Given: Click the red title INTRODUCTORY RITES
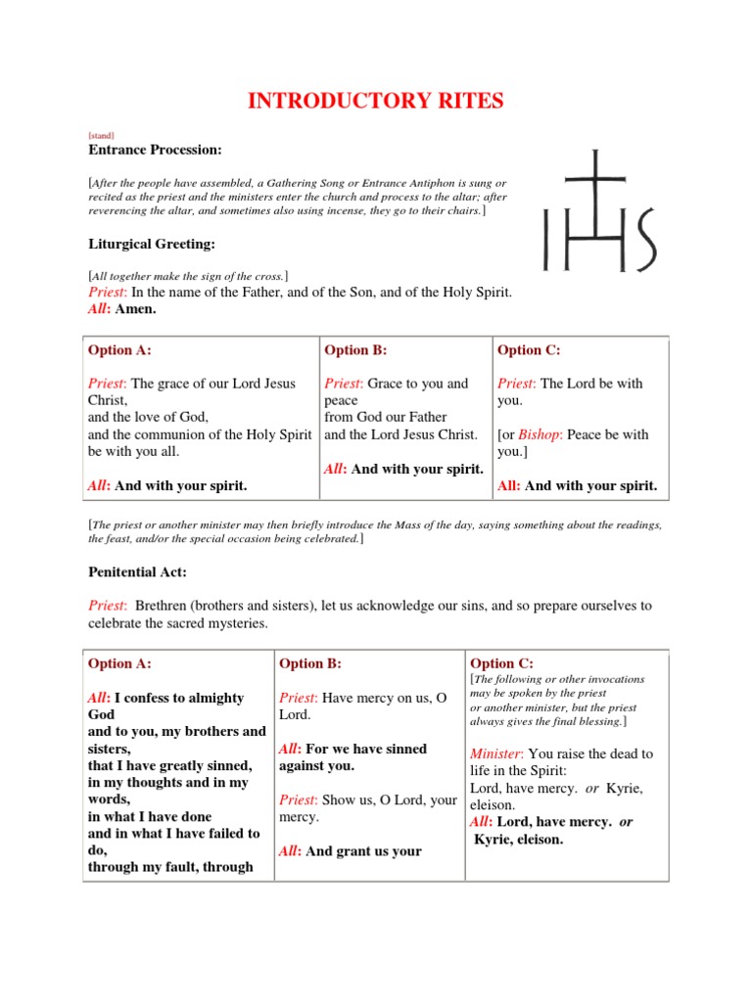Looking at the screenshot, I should pos(375,101).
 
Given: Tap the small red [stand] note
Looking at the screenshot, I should pos(101,136).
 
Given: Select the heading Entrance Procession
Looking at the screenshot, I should pos(155,150).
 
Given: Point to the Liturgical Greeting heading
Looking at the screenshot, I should pos(152,243).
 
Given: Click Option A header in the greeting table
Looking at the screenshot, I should pos(119,350).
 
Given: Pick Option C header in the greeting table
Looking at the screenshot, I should pos(529,350).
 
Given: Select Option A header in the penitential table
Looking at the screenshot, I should pos(119,663).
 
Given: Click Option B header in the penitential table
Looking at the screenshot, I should pos(310,663).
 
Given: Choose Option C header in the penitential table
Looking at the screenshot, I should pos(501,663).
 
